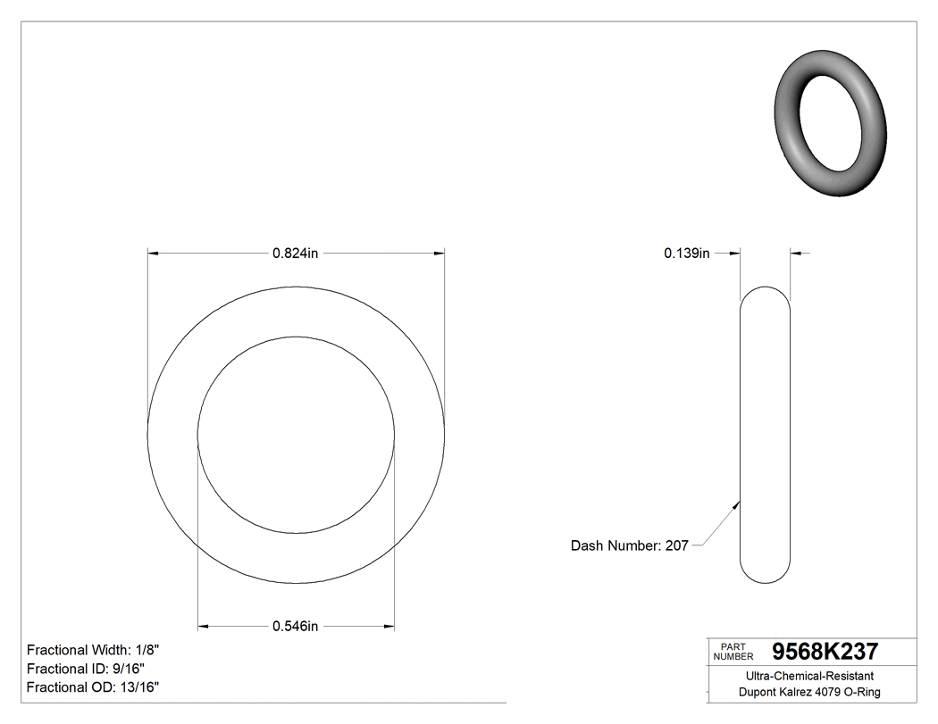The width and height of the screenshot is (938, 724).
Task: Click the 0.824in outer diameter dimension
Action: coord(296,254)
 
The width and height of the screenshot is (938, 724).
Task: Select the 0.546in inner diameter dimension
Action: coord(296,627)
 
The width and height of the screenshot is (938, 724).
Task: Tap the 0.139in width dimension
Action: coord(686,254)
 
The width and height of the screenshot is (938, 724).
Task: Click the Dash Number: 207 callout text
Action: coord(629,545)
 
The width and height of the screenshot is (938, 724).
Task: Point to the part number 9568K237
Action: coord(825,651)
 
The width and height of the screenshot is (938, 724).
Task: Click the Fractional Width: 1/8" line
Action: coord(94,650)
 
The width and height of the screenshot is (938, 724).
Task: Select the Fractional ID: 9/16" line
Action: coord(86,669)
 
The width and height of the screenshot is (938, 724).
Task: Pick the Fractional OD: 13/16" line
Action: coord(93,687)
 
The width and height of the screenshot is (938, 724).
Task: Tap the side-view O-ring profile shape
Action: coord(766,435)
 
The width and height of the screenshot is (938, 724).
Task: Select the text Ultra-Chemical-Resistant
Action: coord(809,677)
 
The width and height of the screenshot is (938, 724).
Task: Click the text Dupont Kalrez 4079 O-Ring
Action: coord(809,693)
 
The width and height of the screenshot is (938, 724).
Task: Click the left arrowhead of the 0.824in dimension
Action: coord(153,254)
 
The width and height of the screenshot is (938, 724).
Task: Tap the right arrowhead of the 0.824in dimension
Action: coord(440,254)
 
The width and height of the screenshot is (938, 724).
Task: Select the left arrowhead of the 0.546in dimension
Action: coord(203,627)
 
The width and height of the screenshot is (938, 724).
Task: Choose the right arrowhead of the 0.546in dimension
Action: coord(389,627)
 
